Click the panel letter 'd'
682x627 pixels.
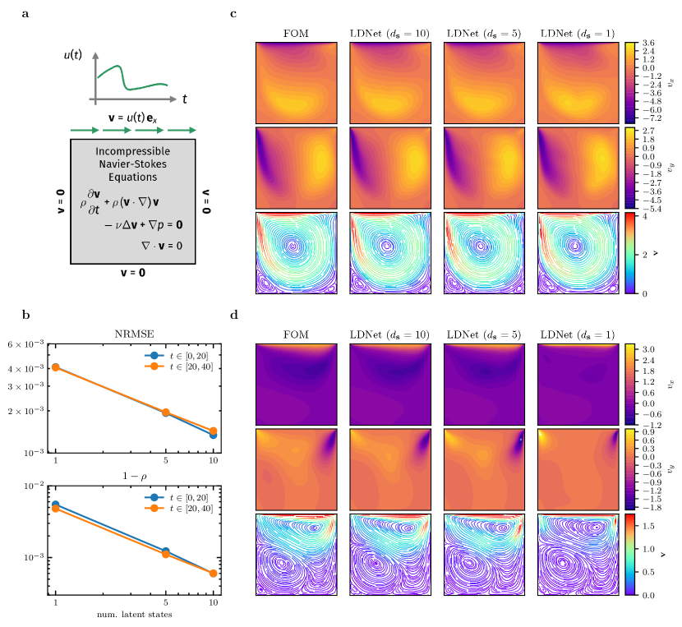click(235, 314)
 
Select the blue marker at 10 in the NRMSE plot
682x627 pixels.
click(213, 435)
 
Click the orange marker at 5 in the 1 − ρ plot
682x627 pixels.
click(166, 554)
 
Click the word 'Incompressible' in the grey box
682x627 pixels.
click(132, 152)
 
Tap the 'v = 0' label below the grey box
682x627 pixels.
click(131, 272)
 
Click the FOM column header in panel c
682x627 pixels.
click(296, 34)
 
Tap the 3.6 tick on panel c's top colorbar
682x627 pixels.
click(648, 43)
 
